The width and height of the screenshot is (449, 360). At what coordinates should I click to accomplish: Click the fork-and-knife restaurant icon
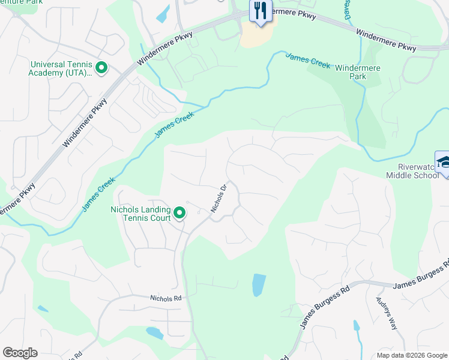(x=260, y=11)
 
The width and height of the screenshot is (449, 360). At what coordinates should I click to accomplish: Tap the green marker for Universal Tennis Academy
(x=101, y=68)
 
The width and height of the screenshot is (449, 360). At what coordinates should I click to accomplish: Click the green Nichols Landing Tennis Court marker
(x=179, y=213)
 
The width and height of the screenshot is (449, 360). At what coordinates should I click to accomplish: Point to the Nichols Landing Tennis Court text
(x=140, y=214)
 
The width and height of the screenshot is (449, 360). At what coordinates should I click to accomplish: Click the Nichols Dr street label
(x=218, y=198)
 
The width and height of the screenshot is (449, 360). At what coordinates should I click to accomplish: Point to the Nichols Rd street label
(x=166, y=298)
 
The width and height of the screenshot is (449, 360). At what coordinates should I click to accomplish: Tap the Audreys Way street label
(x=386, y=313)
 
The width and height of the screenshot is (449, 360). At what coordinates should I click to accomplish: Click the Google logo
(x=20, y=353)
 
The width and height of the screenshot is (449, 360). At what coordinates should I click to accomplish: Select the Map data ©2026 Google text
(x=412, y=355)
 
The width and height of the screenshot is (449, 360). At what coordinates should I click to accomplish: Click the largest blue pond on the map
(x=258, y=285)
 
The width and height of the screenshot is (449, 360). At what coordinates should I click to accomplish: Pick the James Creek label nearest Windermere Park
(x=308, y=61)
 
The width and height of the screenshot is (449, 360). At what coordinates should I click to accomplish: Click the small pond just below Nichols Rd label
(x=154, y=333)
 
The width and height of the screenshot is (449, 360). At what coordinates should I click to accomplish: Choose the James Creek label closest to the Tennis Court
(x=98, y=193)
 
